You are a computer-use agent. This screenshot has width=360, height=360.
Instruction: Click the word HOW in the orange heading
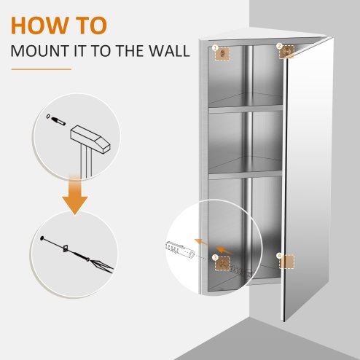pyautogui.click(x=36, y=24)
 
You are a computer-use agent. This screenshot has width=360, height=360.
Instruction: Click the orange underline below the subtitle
pyautogui.click(x=41, y=69)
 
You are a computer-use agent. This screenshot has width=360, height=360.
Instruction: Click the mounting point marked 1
pyautogui.click(x=219, y=52)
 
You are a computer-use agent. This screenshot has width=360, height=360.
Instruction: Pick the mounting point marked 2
pyautogui.click(x=285, y=50)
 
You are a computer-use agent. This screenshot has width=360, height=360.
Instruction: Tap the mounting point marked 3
pyautogui.click(x=219, y=259)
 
